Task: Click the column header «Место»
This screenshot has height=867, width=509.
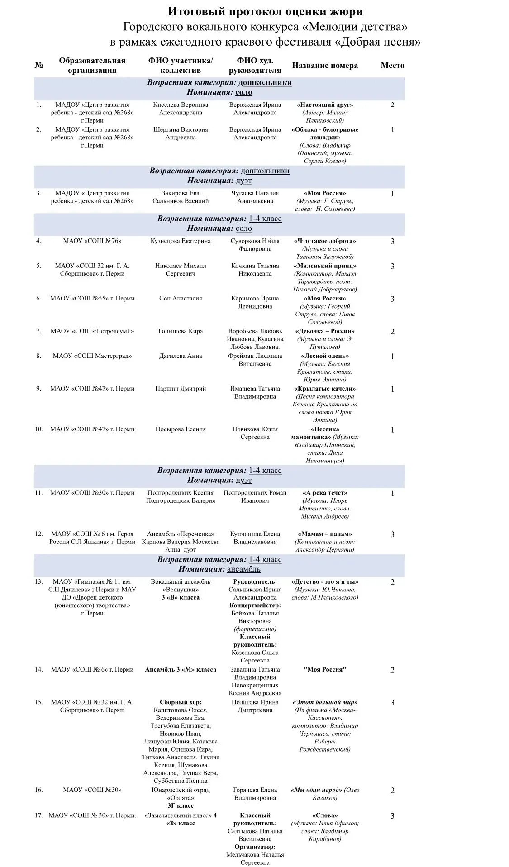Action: click(392, 66)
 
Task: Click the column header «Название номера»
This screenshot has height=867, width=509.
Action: click(325, 66)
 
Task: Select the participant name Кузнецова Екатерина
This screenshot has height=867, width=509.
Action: click(181, 241)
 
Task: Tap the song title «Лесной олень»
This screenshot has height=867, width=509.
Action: click(325, 356)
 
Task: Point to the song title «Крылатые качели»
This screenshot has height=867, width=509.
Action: click(325, 389)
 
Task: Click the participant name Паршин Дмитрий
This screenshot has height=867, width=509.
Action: click(181, 389)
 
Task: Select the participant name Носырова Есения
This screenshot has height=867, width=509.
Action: click(181, 429)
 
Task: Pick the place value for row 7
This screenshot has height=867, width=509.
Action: click(392, 332)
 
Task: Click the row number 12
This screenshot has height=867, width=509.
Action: click(38, 534)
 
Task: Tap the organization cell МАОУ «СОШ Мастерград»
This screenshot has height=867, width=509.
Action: click(92, 356)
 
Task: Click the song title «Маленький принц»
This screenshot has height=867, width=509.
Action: click(325, 266)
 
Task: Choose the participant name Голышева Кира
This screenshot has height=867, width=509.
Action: click(181, 331)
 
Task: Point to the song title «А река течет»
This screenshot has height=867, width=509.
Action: click(325, 493)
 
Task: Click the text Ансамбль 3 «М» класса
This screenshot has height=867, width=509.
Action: click(181, 670)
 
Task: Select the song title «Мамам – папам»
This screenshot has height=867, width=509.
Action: click(325, 534)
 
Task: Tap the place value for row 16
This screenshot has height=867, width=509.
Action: click(392, 791)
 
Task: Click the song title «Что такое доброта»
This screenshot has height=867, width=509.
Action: click(325, 241)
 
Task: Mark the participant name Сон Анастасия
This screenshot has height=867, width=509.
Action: click(181, 299)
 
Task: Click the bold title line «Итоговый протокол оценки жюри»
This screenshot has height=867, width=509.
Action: click(265, 11)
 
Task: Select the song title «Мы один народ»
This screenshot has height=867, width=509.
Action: click(317, 790)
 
